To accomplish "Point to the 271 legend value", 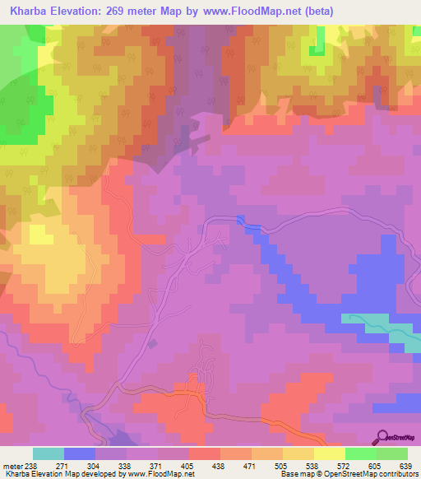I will click(72, 466).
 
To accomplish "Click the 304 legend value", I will click(103, 466).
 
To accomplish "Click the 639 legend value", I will click(405, 466).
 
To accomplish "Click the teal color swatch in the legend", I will click(48, 453).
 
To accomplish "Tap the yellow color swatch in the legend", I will click(328, 453).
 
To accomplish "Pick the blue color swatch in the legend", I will click(79, 453).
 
